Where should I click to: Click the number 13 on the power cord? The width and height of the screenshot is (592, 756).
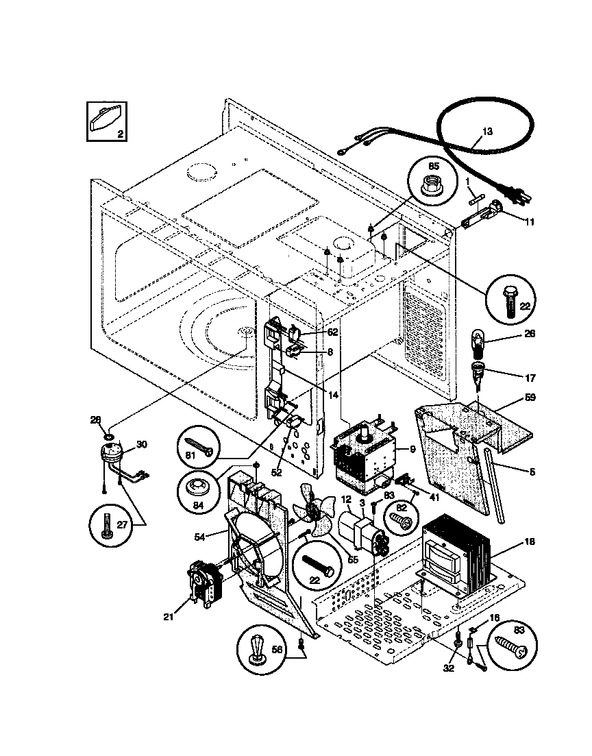487,131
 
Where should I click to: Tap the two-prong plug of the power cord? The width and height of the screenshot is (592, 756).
516,197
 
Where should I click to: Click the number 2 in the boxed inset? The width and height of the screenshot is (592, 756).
120,134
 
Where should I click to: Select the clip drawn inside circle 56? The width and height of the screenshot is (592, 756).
258,648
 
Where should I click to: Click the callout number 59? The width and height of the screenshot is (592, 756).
530,398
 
